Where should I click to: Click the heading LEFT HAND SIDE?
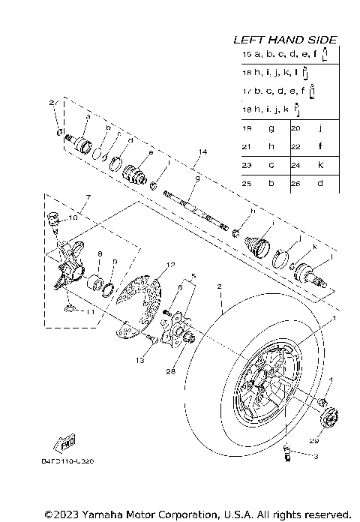pos(284,39)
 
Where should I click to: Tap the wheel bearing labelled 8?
pos(97,284)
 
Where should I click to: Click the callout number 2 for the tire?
pos(220,286)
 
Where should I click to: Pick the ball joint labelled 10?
pos(53,218)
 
